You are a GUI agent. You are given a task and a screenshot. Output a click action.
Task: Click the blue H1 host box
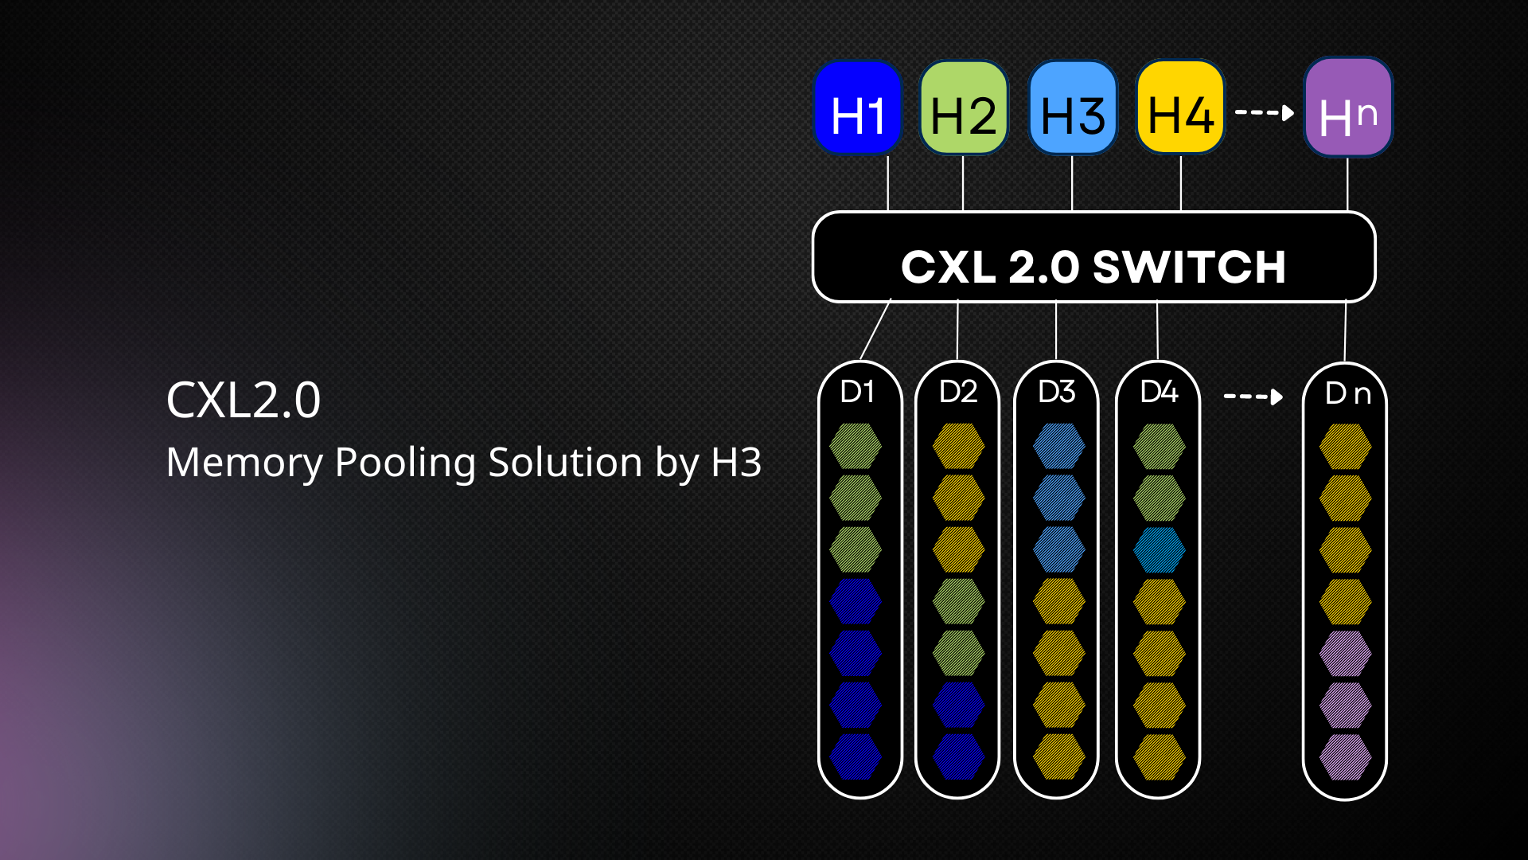858,107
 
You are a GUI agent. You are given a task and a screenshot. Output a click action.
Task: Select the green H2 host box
964,107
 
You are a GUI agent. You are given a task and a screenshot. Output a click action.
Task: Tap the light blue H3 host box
1073,107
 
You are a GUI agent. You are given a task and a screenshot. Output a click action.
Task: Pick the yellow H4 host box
1180,107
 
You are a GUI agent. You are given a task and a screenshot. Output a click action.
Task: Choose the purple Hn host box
1348,107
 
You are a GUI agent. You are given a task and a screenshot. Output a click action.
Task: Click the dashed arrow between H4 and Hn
1265,112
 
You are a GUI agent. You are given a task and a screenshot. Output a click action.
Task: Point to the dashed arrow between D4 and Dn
1253,396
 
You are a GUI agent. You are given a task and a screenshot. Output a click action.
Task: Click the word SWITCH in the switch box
1190,267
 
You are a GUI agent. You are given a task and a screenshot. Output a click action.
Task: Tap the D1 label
858,392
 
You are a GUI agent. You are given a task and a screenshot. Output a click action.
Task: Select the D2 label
958,392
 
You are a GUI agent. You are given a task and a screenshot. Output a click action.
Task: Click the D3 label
1057,392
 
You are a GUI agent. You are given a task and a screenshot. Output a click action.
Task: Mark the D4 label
1159,392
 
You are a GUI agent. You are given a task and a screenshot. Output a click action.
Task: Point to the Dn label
1348,393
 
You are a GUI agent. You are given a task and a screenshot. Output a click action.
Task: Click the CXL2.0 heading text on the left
244,400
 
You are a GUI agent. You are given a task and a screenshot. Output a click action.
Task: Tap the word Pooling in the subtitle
408,463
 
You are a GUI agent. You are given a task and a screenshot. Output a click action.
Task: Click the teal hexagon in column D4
1160,549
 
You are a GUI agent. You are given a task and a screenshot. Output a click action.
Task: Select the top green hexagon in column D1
856,446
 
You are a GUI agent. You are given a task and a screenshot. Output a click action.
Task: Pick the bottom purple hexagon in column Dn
1346,756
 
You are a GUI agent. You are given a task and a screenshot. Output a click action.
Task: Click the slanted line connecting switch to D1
875,330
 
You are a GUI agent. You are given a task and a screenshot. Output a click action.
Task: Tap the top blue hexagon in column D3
1059,446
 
